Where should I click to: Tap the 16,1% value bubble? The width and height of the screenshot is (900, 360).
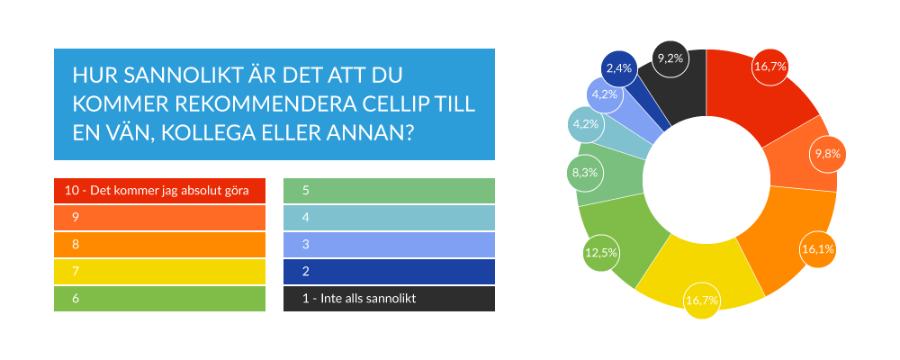coord(817,249)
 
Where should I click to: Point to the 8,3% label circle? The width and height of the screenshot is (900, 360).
coord(584,172)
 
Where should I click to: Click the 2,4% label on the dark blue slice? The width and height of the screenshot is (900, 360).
coord(619,68)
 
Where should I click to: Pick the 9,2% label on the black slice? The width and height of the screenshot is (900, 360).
coord(671,58)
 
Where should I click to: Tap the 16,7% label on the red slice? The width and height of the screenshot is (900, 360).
coord(770,67)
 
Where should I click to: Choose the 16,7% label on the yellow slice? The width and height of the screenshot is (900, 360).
coord(702,301)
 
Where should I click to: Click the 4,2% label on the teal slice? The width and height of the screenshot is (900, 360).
coord(586,123)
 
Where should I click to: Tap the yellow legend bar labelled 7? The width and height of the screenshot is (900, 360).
coord(159,272)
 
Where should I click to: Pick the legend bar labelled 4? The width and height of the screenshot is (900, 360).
coord(389,218)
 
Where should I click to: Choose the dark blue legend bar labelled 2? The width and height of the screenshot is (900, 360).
coord(389,272)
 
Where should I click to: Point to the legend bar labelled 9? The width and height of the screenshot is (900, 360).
coord(159,218)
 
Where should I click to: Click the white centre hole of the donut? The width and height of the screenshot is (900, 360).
coord(706,179)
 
